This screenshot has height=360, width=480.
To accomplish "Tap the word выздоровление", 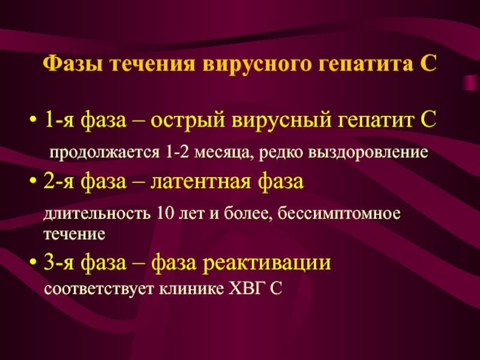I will coord(368,152).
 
